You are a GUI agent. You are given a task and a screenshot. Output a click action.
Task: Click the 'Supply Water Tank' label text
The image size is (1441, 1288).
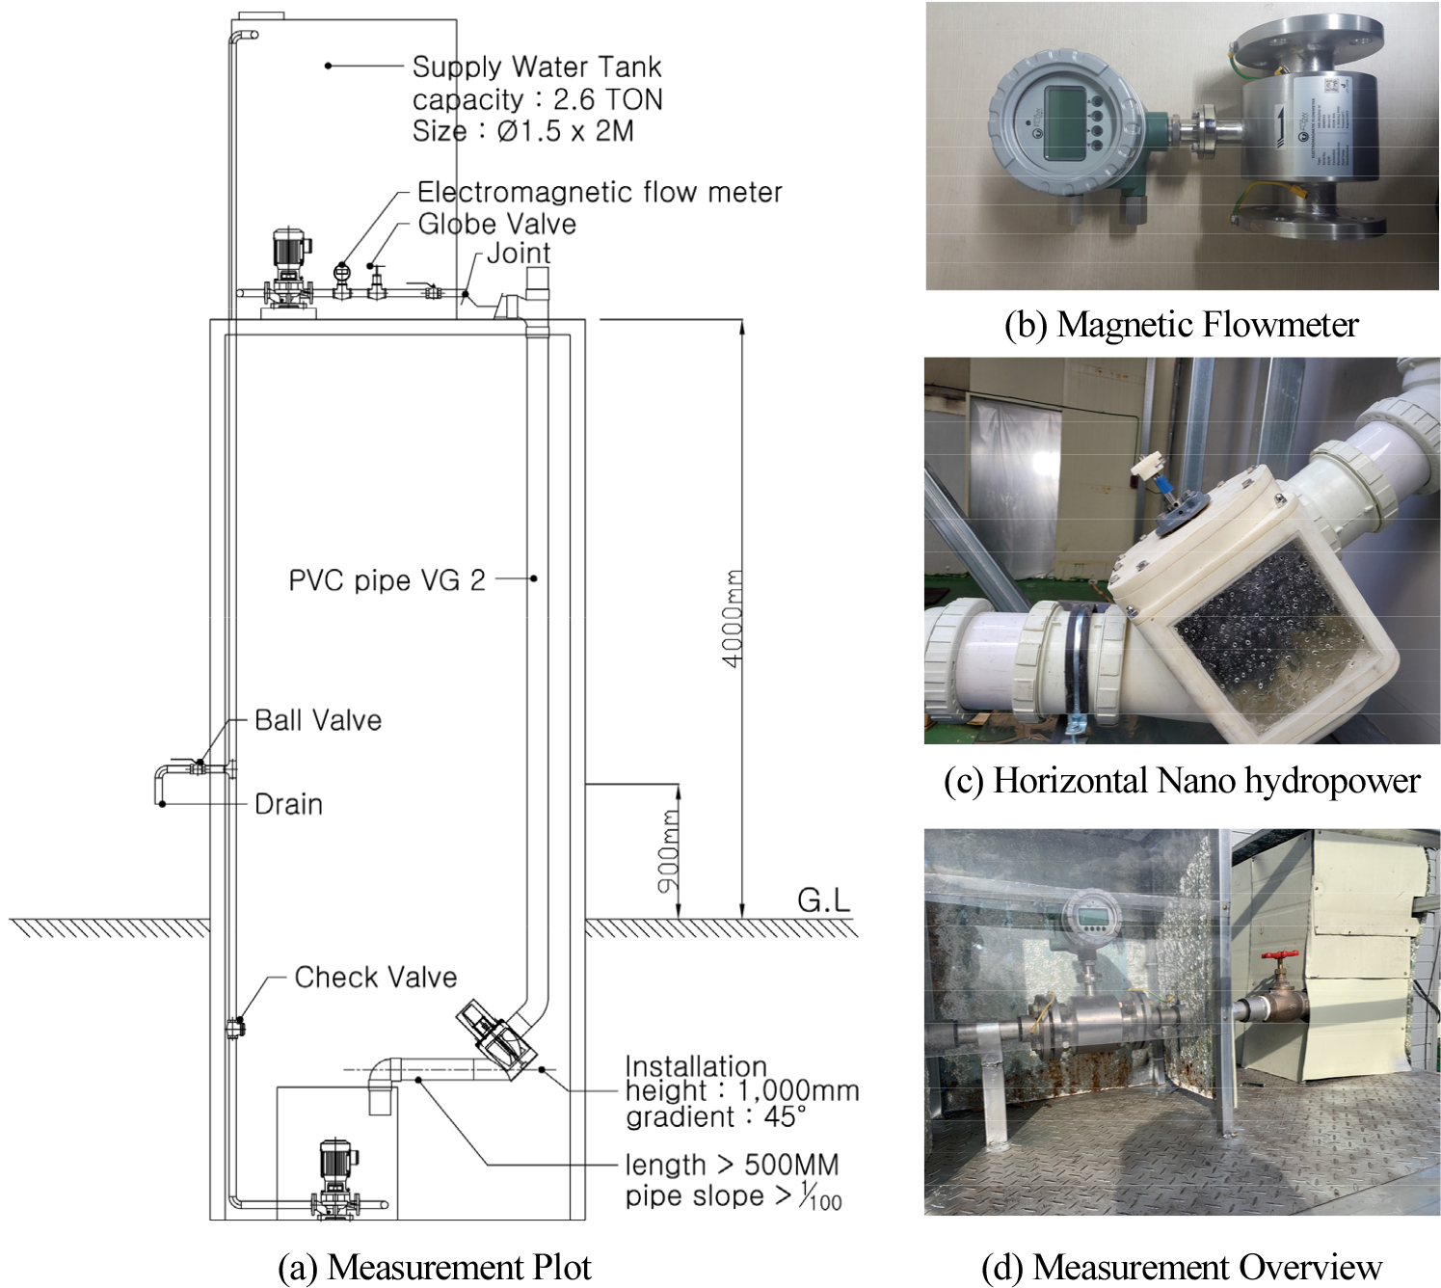click(x=536, y=67)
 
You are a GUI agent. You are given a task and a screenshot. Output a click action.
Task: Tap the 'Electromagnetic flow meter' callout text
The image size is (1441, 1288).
click(x=599, y=192)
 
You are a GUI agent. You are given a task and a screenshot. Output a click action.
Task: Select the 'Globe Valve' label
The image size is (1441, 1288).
click(x=496, y=224)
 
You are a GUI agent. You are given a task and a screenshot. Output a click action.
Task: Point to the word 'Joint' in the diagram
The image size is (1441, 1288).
click(x=518, y=254)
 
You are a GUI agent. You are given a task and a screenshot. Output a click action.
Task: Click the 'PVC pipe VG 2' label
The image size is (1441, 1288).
click(x=387, y=580)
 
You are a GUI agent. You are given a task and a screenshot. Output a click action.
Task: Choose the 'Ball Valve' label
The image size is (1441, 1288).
click(x=318, y=720)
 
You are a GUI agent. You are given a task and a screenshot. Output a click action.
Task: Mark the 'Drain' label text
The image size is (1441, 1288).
click(x=288, y=804)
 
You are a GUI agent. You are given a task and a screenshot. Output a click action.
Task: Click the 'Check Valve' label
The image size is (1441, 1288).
click(x=375, y=977)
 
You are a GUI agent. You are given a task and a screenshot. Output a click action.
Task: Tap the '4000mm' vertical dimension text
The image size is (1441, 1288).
click(x=733, y=618)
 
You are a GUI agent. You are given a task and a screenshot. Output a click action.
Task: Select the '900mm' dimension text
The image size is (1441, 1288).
click(x=669, y=849)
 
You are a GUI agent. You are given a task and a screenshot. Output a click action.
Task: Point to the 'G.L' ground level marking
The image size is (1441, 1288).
click(x=823, y=900)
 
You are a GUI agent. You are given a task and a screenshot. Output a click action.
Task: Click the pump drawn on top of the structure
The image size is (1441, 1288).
click(x=288, y=270)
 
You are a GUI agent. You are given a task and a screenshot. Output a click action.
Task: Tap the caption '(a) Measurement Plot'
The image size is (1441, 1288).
click(x=434, y=1267)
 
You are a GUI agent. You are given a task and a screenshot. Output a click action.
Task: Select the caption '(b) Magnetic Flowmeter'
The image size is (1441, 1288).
click(x=1181, y=325)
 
